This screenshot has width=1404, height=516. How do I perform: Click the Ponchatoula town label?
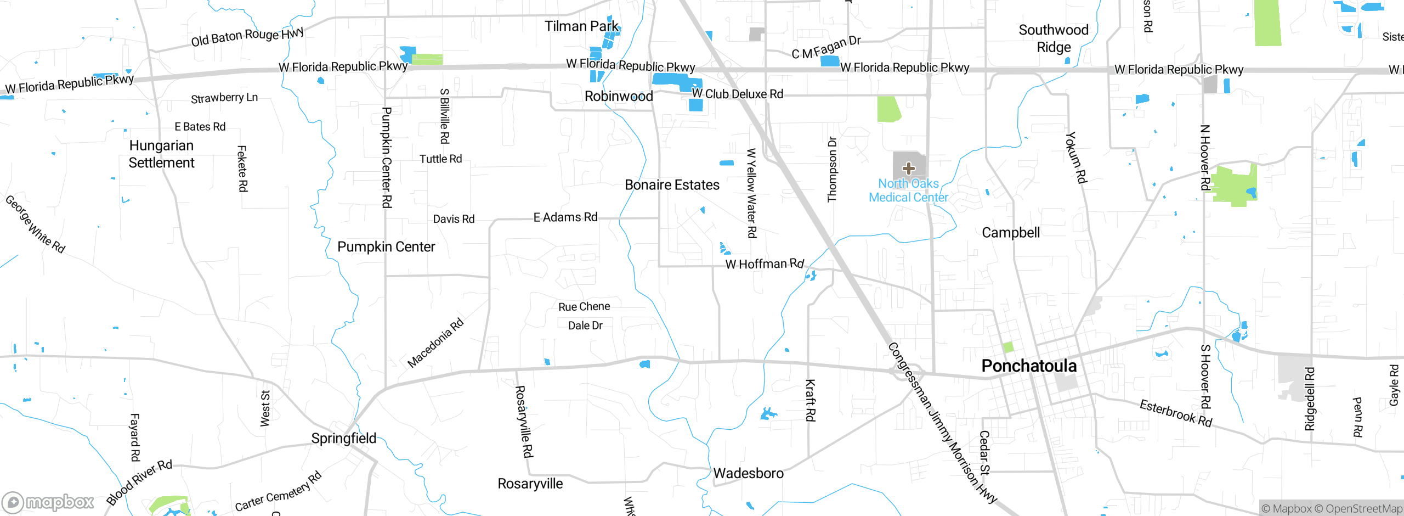click(1029, 366)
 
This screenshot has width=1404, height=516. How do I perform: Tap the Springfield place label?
click(344, 439)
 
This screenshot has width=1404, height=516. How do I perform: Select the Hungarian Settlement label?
click(161, 154)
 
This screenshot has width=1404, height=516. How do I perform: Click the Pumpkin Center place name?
click(386, 247)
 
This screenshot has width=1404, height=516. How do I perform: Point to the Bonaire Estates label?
click(672, 185)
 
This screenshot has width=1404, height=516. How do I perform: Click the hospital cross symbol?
click(908, 168)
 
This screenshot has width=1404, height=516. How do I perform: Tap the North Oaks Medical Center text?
click(908, 190)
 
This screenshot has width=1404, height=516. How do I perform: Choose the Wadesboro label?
click(748, 473)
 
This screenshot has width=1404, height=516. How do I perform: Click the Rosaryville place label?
click(530, 484)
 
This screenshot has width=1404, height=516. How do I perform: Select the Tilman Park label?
click(581, 26)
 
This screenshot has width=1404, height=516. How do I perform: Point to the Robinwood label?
click(619, 97)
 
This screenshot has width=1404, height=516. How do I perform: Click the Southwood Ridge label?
click(1054, 38)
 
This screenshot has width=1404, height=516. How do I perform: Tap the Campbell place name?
click(1011, 233)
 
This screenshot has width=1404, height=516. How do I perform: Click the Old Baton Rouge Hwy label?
click(247, 37)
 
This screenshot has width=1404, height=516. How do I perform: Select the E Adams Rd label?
click(565, 217)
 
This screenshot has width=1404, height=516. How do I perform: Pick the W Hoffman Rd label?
click(765, 264)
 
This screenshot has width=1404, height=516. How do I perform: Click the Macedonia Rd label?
click(435, 343)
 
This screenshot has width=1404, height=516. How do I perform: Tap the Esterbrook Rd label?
click(1176, 413)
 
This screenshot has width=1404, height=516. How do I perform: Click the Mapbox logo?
click(48, 502)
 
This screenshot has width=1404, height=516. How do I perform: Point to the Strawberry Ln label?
click(224, 98)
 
